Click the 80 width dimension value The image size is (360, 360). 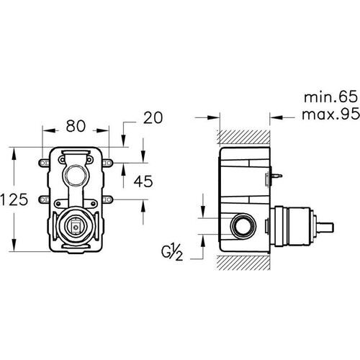[x=76, y=126]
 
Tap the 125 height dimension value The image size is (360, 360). [x=14, y=199]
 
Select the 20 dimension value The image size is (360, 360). [x=153, y=117]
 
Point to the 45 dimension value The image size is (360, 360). [x=143, y=181]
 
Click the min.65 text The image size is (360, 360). [x=330, y=97]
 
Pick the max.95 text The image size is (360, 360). [x=330, y=114]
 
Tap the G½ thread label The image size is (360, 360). [x=172, y=253]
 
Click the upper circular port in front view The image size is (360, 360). [x=75, y=175]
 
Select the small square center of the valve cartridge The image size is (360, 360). [x=76, y=227]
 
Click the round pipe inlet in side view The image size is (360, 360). [x=243, y=226]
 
